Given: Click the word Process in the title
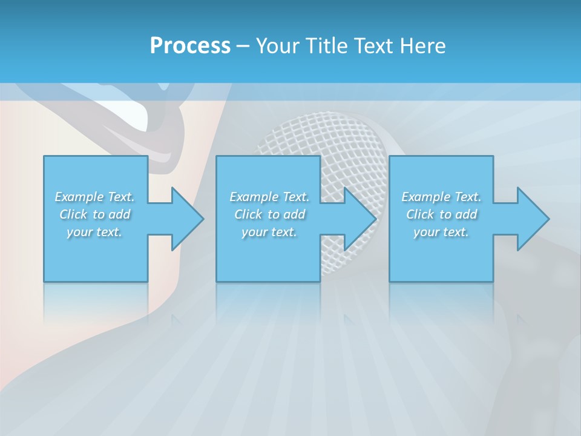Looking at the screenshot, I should [x=190, y=46].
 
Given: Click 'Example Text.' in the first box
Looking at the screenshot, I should [x=94, y=197].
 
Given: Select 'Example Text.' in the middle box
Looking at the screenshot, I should [x=269, y=197].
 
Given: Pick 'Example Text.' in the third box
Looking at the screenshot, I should [x=441, y=197].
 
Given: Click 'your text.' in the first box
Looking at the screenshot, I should [x=94, y=232].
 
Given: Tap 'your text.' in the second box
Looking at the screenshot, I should [x=269, y=232].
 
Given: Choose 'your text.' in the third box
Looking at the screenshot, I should [x=441, y=232].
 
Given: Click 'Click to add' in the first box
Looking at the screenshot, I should [x=94, y=214].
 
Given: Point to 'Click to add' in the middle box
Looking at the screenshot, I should [x=269, y=214].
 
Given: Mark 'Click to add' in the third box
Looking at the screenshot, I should [x=441, y=214].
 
